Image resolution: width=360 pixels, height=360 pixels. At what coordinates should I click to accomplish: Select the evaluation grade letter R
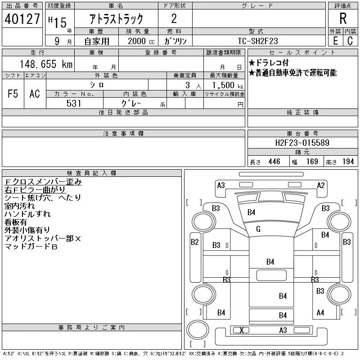pos(343,19)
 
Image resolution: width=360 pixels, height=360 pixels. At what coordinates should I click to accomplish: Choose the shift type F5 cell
pos(13,94)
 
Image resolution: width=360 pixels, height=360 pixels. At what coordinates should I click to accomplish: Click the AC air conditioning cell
pos(35,94)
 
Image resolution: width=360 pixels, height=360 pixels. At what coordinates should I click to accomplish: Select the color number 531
pos(74,103)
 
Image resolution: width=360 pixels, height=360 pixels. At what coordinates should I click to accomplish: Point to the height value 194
pos(348,162)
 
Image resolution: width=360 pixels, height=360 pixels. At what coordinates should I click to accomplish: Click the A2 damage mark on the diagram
pos(321,185)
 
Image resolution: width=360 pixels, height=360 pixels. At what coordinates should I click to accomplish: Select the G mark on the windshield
pos(258,229)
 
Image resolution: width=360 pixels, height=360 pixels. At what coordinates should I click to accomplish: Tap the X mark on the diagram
pos(242,330)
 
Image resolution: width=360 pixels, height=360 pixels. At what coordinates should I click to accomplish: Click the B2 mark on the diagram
pos(194,242)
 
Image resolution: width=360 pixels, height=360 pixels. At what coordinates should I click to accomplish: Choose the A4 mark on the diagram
pos(320,312)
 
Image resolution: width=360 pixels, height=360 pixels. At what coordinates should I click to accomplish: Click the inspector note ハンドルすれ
pos(27,214)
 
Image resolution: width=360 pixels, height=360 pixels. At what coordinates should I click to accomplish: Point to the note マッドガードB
pos(31,246)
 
